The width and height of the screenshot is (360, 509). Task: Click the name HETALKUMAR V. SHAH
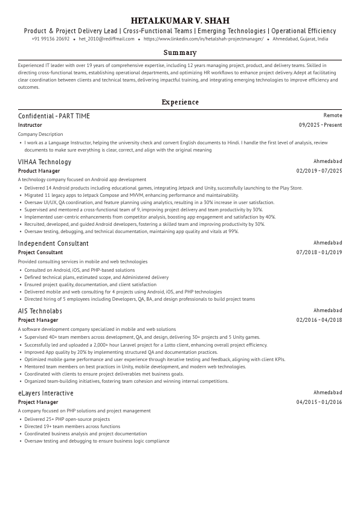180,21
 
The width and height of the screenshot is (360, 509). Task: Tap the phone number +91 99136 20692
50,39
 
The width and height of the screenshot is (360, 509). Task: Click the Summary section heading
180,53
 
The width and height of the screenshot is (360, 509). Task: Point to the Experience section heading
180,102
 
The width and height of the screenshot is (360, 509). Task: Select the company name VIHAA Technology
45,162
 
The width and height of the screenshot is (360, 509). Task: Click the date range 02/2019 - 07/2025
319,171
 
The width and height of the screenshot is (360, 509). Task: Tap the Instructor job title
30,125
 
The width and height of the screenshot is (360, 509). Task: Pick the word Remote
332,115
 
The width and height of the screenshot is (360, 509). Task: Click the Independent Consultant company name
53,243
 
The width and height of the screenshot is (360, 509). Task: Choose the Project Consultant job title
40,252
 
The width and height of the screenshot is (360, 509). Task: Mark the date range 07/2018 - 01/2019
319,252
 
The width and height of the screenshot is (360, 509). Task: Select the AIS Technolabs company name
40,311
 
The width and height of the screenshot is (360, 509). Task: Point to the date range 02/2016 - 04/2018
319,320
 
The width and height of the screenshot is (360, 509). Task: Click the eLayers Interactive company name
46,393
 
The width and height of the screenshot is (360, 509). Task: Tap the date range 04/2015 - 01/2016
319,402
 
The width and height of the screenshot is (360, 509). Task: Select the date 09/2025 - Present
320,125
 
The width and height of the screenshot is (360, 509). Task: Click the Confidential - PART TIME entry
54,116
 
